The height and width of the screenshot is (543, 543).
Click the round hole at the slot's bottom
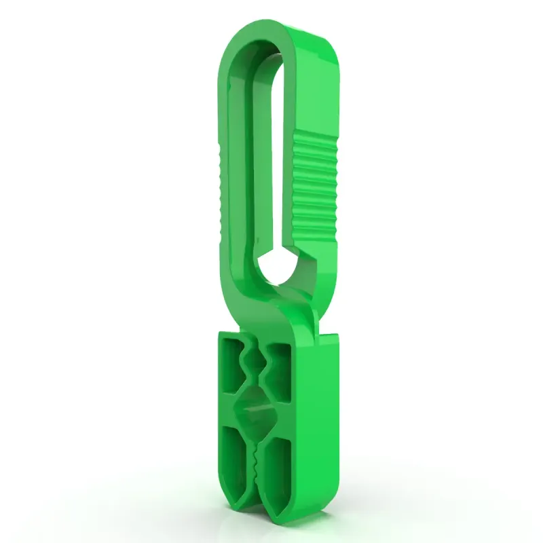pyautogui.click(x=278, y=265)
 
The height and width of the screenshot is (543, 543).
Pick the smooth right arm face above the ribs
pyautogui.click(x=319, y=88)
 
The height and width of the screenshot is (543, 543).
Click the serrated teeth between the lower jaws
pyautogui.click(x=255, y=462)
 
